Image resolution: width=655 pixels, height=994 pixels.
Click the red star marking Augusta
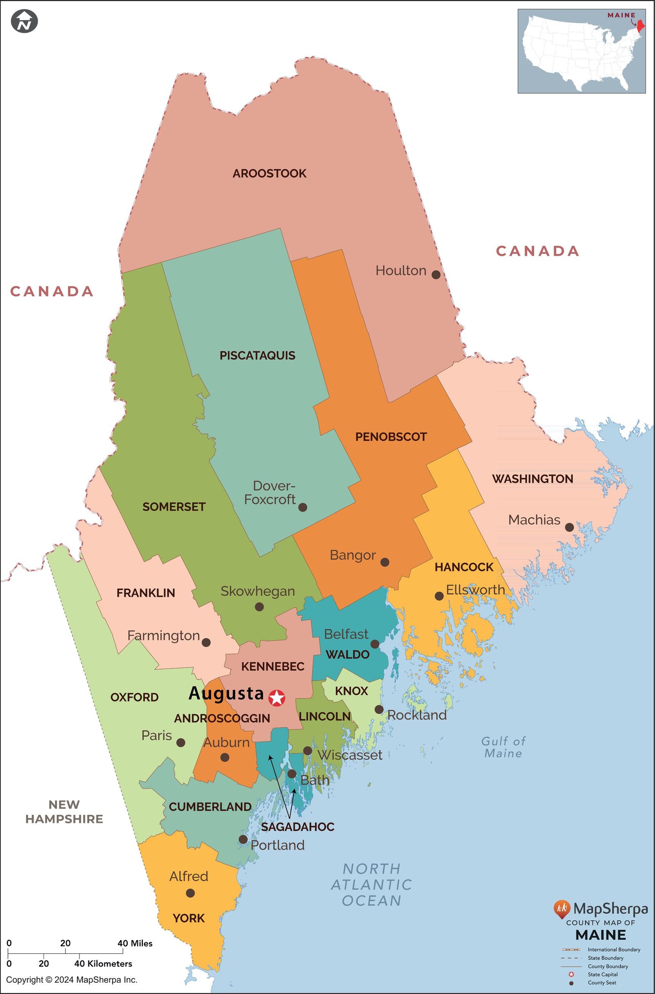[277, 698]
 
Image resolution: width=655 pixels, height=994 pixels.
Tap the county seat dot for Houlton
[436, 275]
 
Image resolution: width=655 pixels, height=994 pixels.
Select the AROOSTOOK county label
[269, 174]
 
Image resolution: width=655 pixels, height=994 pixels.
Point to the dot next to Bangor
[385, 562]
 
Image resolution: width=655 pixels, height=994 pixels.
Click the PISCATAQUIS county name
[257, 356]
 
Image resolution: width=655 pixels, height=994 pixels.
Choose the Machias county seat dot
[569, 527]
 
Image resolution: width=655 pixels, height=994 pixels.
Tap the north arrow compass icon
[25, 21]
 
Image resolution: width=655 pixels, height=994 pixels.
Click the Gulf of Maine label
[503, 747]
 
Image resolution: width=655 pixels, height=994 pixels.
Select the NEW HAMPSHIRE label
[64, 811]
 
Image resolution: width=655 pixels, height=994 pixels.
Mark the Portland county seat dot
[243, 839]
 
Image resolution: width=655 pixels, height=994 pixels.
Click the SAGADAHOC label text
[298, 827]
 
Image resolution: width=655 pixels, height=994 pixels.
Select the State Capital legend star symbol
[571, 974]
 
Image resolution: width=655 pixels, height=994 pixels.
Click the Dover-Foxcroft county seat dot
[303, 507]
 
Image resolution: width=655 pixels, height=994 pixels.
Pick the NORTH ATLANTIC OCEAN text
[371, 885]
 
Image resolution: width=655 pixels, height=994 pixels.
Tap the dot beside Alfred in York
[190, 893]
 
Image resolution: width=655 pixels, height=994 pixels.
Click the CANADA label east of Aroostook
[538, 251]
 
